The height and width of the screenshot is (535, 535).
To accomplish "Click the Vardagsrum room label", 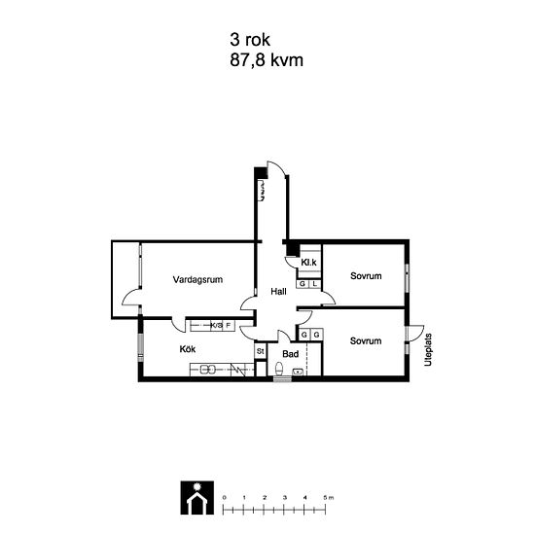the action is (197, 280).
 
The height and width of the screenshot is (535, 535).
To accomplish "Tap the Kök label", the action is (188, 349).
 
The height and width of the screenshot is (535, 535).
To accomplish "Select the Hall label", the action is (278, 292).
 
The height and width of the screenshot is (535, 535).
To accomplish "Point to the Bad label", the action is (291, 354).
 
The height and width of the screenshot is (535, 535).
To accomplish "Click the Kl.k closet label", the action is (308, 263).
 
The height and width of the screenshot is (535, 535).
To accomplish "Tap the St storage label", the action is (261, 351).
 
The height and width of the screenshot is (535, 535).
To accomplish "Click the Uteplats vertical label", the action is (428, 350).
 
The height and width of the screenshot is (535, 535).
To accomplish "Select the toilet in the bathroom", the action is (279, 369).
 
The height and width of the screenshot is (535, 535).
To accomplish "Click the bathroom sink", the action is (298, 372).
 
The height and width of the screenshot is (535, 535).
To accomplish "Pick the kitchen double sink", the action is (207, 370).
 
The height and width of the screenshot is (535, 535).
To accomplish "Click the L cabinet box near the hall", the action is (315, 284).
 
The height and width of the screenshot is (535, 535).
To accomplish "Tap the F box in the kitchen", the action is (229, 326).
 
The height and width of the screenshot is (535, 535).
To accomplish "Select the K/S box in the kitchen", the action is (217, 326).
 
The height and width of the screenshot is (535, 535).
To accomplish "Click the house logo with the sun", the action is (197, 498).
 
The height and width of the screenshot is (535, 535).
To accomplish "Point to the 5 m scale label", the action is (329, 497).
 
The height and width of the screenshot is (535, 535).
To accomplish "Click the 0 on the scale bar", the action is (224, 497).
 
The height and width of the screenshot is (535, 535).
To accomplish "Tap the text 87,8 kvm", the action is (267, 60).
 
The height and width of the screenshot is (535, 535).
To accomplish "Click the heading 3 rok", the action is (250, 40).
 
